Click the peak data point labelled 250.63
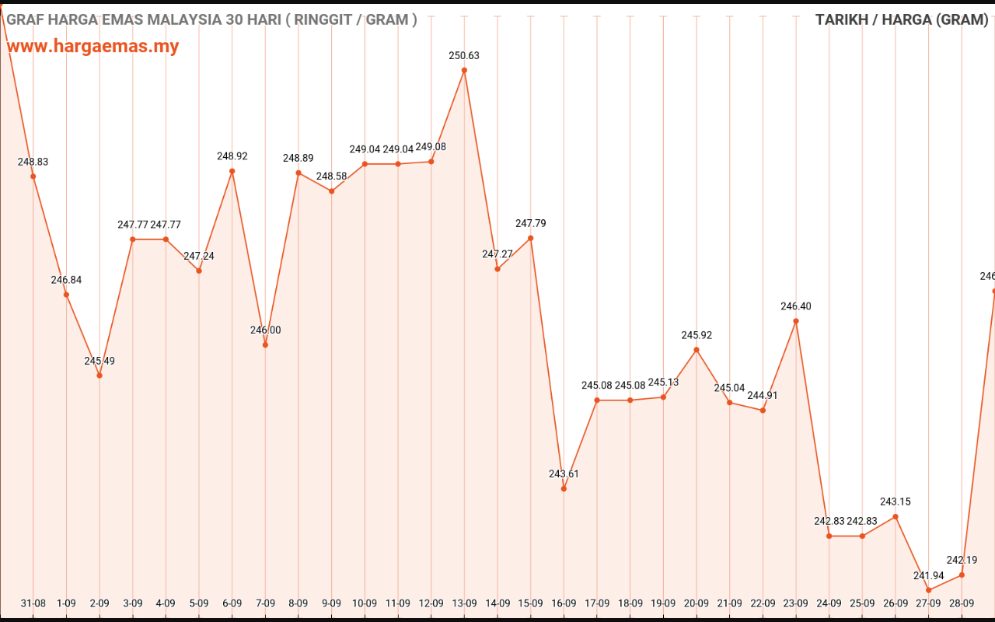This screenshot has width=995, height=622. click(464, 70)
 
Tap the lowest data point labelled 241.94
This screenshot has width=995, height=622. click(928, 590)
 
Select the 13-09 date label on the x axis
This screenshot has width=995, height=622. click(464, 603)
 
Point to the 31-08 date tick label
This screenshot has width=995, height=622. click(33, 603)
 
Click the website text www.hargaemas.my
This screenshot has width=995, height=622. click(93, 46)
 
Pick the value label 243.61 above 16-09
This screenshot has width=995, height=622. click(564, 473)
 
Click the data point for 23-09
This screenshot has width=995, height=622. click(796, 321)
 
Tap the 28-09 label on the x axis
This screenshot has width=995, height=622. click(962, 603)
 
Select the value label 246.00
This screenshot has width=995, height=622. click(265, 330)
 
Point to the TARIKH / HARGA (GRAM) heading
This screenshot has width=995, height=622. click(902, 19)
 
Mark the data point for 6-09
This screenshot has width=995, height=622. click(232, 171)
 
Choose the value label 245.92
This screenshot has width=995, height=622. click(696, 335)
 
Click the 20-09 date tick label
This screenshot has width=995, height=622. click(696, 603)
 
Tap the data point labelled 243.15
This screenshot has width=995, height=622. click(895, 516)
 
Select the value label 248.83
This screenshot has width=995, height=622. click(33, 162)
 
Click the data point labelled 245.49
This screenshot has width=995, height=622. click(99, 376)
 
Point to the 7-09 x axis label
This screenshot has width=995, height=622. click(265, 603)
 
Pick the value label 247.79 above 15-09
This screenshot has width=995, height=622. click(530, 223)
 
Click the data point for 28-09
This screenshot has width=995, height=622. click(962, 575)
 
